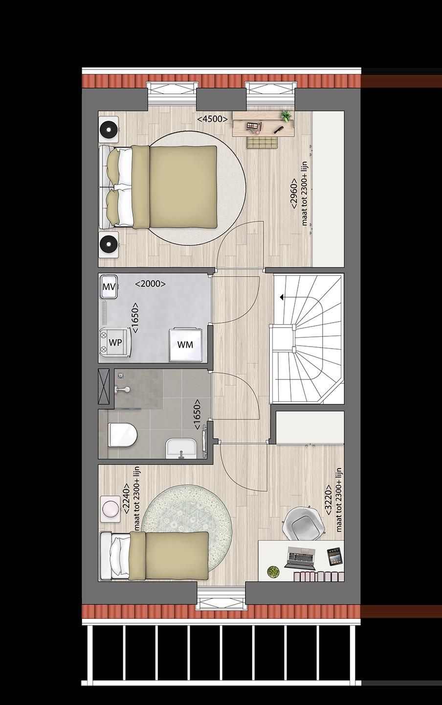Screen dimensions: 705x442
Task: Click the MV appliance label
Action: point(109,287)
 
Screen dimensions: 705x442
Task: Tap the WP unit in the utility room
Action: point(115,342)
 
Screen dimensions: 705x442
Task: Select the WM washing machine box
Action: point(185,344)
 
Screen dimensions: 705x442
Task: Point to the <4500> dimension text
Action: point(212,119)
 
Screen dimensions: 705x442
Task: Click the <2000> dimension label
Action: point(150,283)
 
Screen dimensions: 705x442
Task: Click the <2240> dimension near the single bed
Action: point(126,500)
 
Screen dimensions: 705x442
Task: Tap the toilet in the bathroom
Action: point(122,434)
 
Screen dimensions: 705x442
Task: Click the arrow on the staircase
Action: point(282,297)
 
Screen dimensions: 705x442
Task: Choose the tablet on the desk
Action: point(334,557)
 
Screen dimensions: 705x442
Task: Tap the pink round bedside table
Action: point(110,507)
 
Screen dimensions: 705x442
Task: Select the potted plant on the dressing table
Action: point(286,116)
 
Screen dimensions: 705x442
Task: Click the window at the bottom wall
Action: point(221,599)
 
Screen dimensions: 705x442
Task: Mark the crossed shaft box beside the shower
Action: point(105,386)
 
